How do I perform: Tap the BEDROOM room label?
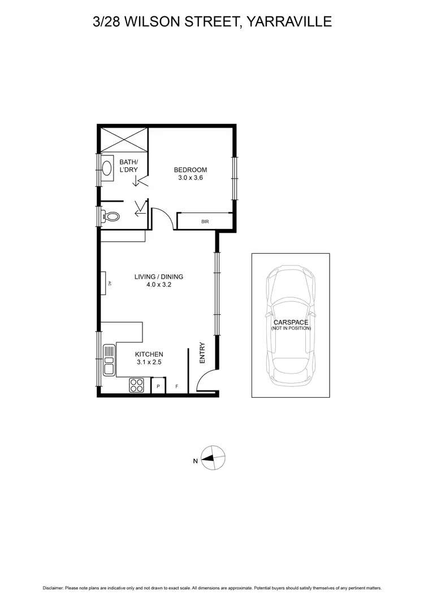(x=190, y=170)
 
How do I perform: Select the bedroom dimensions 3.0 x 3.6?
(x=190, y=177)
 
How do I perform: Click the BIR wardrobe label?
(x=205, y=222)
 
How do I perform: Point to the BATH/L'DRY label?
(x=128, y=166)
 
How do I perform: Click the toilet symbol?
(x=112, y=216)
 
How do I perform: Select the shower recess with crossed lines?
(x=124, y=139)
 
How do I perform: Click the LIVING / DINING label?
(x=159, y=277)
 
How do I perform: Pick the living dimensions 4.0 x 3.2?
(x=159, y=285)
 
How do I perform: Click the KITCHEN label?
(x=149, y=354)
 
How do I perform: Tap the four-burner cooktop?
(x=137, y=385)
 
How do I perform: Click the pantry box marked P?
(x=158, y=386)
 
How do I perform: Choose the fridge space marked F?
(x=176, y=386)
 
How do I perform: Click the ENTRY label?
(x=202, y=353)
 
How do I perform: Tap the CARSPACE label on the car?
(x=291, y=322)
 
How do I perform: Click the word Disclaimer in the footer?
(x=54, y=588)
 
